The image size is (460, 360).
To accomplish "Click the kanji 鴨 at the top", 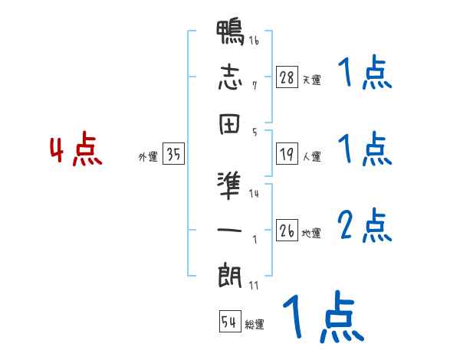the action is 230,35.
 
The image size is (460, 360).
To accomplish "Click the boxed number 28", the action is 287,78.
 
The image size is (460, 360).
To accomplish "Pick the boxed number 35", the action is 174,155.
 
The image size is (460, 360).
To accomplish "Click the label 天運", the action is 312,80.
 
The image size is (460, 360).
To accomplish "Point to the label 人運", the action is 312,156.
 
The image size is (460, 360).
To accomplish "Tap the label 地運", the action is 312,233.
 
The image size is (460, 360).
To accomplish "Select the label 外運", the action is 148,156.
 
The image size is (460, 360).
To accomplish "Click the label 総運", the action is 255,324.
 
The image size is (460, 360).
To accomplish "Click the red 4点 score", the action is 76,151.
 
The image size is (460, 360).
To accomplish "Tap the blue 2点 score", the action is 365,226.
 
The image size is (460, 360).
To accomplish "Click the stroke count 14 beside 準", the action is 255,194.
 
